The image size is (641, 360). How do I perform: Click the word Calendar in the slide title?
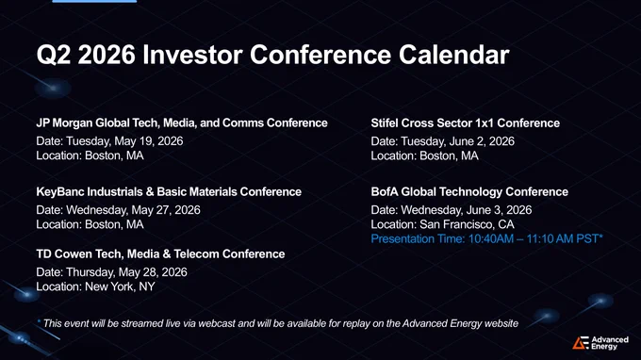pyautogui.click(x=453, y=55)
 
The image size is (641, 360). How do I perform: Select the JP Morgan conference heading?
pyautogui.click(x=182, y=123)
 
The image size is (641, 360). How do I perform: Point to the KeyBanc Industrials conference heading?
pyautogui.click(x=169, y=191)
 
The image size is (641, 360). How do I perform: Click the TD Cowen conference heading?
pyautogui.click(x=160, y=254)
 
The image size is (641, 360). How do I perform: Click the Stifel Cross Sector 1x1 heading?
pyautogui.click(x=466, y=123)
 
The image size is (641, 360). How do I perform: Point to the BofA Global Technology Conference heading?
pyautogui.click(x=469, y=191)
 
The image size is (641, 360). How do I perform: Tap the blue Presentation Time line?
pyautogui.click(x=487, y=238)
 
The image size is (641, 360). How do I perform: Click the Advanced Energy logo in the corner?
pyautogui.click(x=600, y=343)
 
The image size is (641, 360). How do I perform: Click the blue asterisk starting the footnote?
pyautogui.click(x=39, y=321)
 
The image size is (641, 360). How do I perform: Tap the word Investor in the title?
pyautogui.click(x=192, y=55)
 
